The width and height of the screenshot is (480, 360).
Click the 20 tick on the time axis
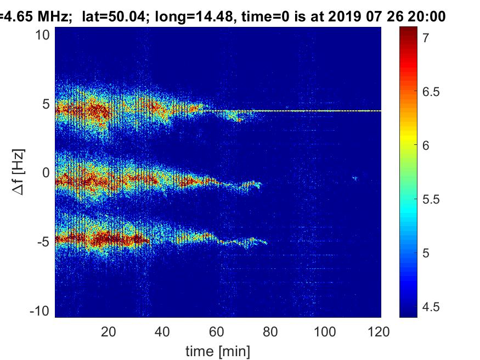click(109, 331)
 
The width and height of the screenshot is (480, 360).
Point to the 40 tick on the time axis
click(163, 331)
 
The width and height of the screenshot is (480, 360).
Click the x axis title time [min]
click(218, 350)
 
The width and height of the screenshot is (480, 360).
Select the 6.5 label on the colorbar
click(431, 92)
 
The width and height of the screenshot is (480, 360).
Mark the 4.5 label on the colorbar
click(431, 307)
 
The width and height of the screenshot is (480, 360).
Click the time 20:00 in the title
click(424, 17)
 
